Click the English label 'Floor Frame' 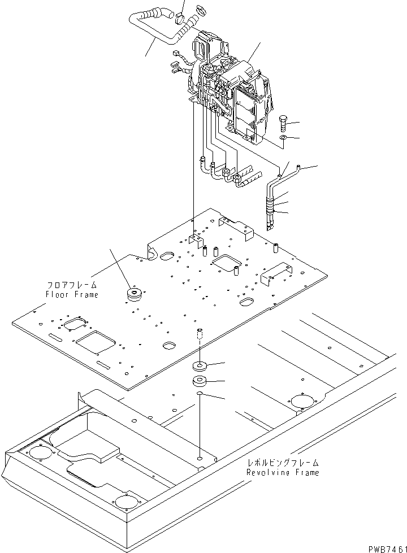72,294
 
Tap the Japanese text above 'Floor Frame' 72,286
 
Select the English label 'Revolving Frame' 283,472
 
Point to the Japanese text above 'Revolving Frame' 283,463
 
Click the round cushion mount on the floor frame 135,295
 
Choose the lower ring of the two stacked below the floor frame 200,380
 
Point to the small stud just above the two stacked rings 199,335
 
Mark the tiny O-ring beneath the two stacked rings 200,393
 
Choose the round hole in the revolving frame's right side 305,402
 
